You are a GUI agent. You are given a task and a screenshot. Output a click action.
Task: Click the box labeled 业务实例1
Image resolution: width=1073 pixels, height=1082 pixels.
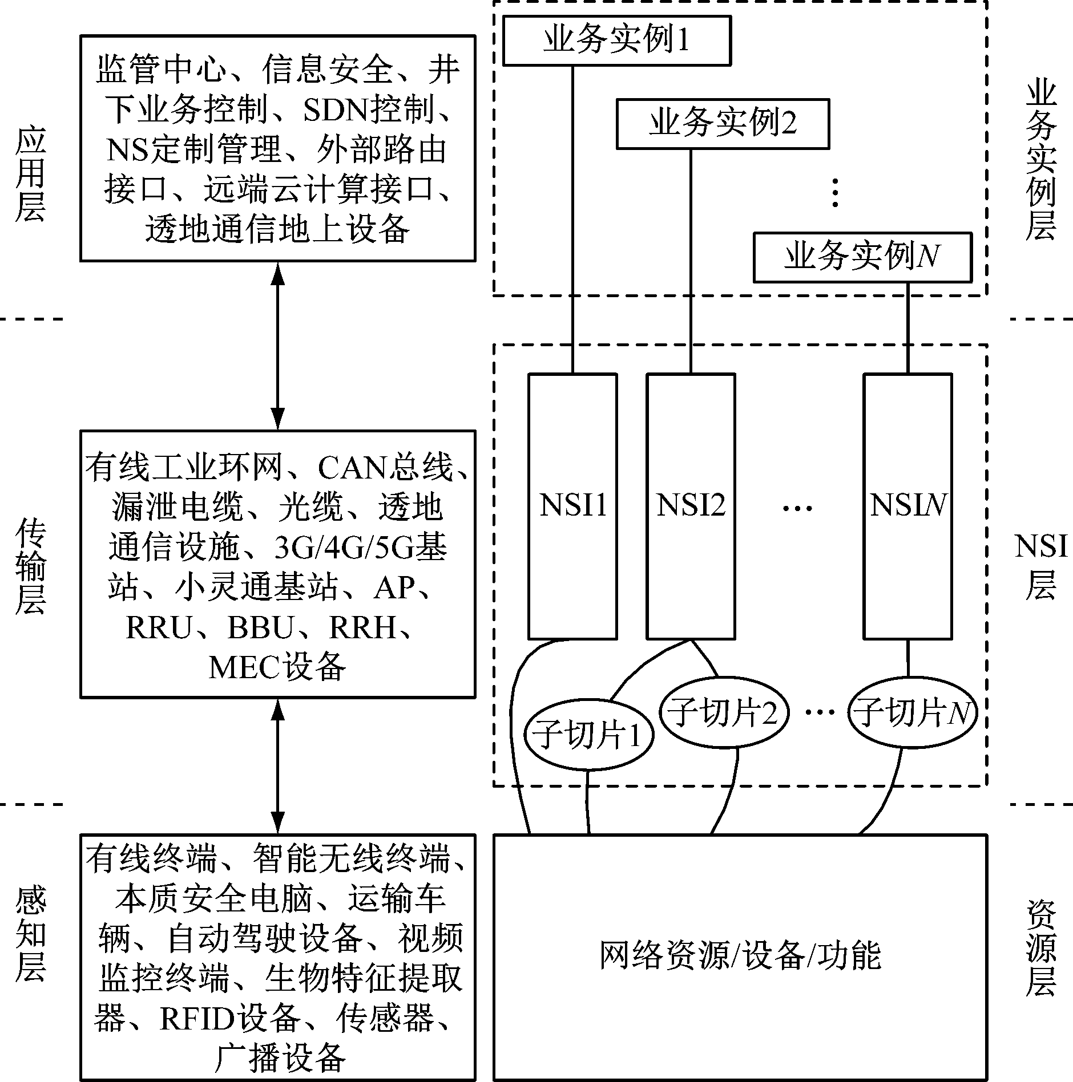(616, 40)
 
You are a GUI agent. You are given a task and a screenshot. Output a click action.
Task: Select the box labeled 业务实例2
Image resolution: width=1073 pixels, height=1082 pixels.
(723, 124)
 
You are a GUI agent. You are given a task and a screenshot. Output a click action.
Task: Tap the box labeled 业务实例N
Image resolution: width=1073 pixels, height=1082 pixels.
(862, 257)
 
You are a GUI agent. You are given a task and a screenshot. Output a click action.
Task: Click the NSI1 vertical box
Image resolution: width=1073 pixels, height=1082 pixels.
(572, 506)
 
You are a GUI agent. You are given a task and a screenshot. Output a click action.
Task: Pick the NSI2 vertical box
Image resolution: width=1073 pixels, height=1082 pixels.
(691, 506)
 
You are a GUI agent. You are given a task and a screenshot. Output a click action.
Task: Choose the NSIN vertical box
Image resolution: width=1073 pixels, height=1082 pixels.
(907, 506)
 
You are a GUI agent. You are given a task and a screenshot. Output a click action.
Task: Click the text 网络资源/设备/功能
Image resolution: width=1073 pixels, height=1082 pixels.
(740, 956)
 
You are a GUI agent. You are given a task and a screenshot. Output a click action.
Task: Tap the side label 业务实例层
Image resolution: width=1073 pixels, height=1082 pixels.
(1041, 161)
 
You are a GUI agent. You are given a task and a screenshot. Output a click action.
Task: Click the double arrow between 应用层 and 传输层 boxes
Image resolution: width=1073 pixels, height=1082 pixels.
(277, 346)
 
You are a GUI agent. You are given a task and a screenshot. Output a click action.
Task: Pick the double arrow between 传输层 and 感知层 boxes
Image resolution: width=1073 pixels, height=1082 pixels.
(277, 766)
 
